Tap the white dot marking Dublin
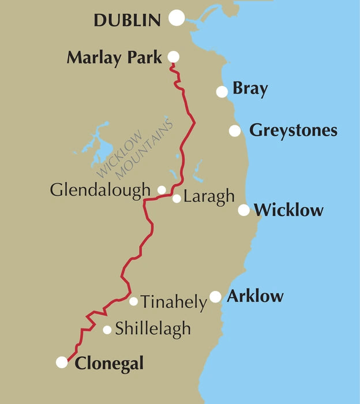[x=177, y=18]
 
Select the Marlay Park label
[x=114, y=58]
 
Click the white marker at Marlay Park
[x=172, y=57]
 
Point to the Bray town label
[x=250, y=89]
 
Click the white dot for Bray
[x=222, y=91]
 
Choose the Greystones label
[x=293, y=130]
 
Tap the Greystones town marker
[x=234, y=130]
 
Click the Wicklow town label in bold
[x=288, y=210]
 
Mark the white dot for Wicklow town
[x=244, y=210]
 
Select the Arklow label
[x=255, y=297]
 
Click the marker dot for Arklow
[x=215, y=297]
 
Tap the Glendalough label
[x=100, y=190]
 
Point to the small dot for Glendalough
[x=162, y=189]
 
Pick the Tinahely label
[x=173, y=302]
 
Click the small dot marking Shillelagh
[x=107, y=330]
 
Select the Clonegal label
[x=109, y=364]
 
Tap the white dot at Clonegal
[x=62, y=362]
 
